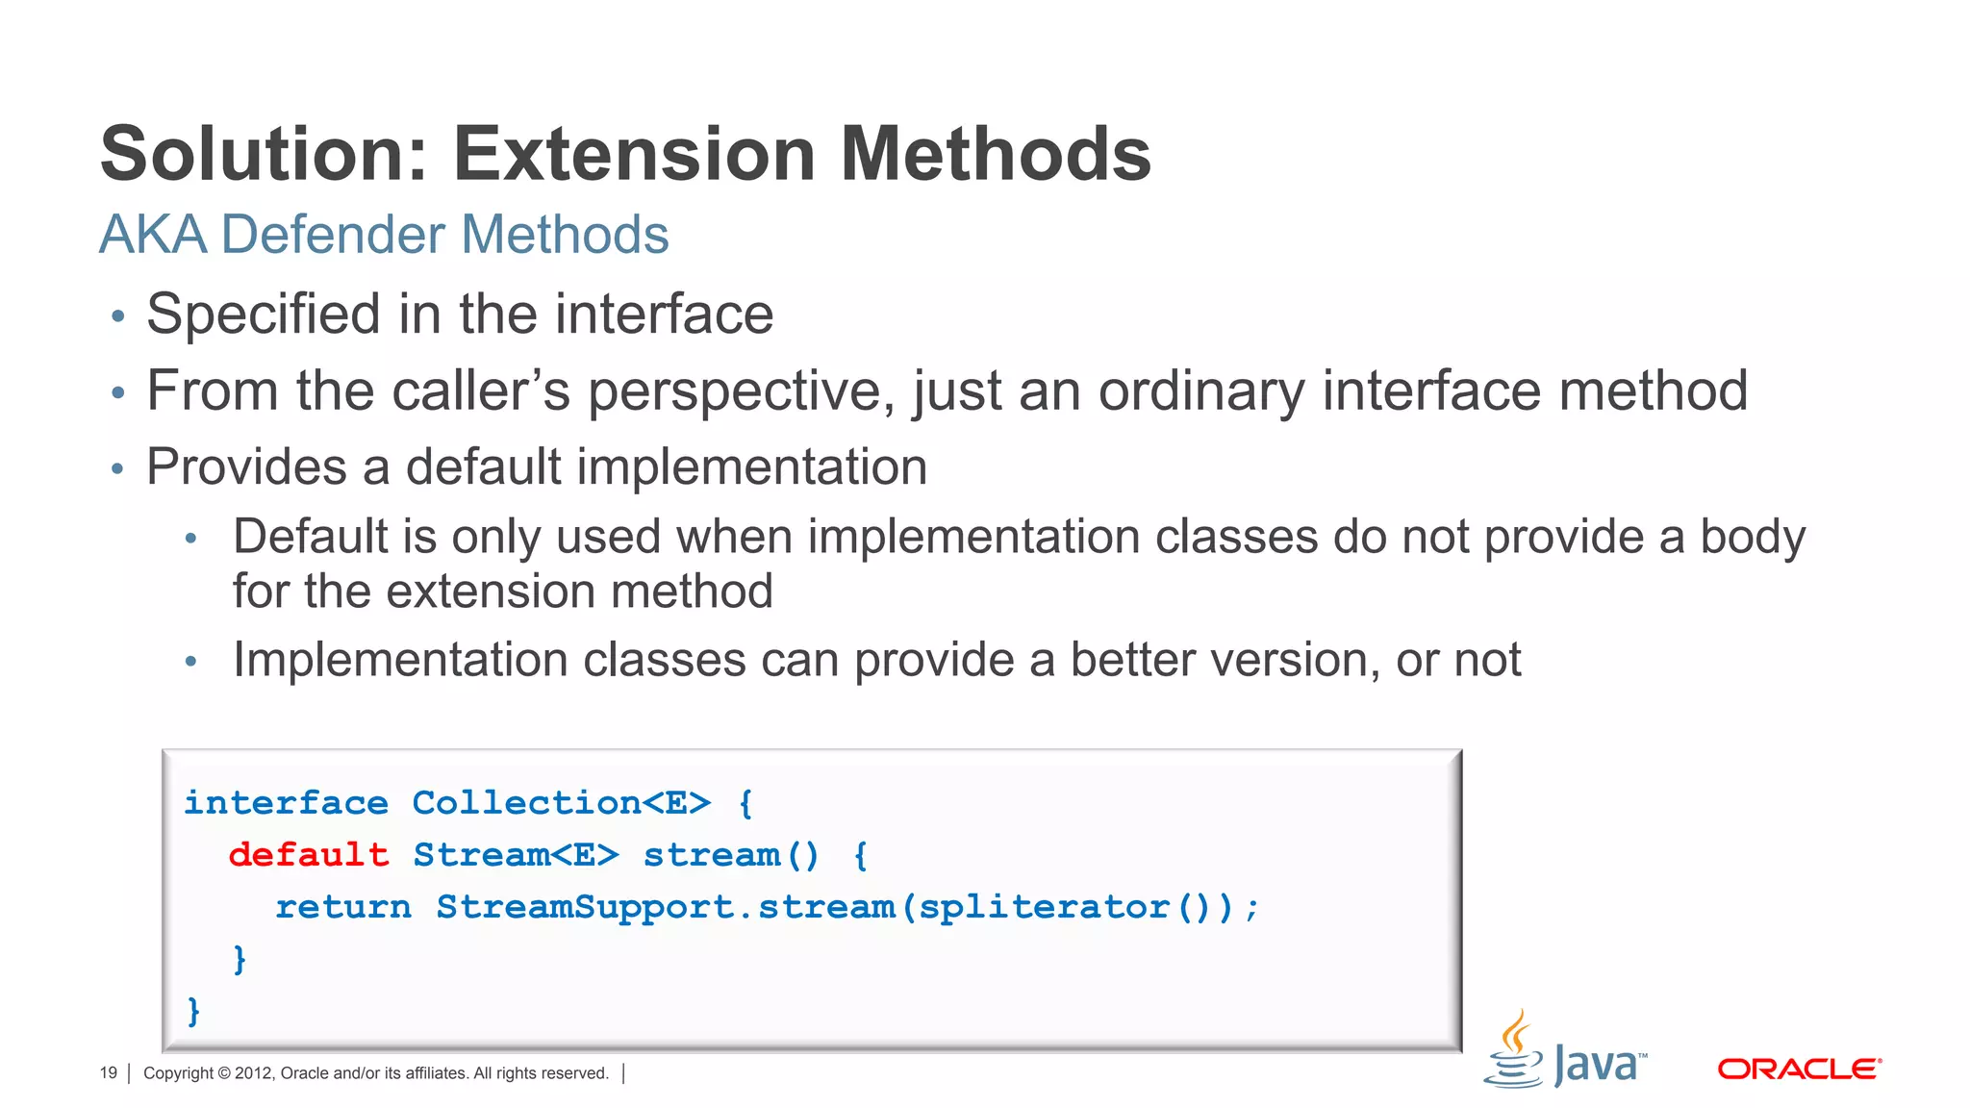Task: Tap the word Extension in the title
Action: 635,154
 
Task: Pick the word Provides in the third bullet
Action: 246,467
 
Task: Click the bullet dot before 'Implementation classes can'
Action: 191,662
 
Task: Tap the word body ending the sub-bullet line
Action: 1753,538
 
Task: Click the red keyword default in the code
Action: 309,854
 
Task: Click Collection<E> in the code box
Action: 561,802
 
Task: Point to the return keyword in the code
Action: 343,906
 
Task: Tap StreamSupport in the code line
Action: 585,906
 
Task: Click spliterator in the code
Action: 1044,907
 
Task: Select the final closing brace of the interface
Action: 193,1010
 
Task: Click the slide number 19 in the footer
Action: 108,1073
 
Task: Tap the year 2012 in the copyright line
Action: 253,1073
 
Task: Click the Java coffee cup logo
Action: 1514,1050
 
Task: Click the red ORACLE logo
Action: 1799,1070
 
